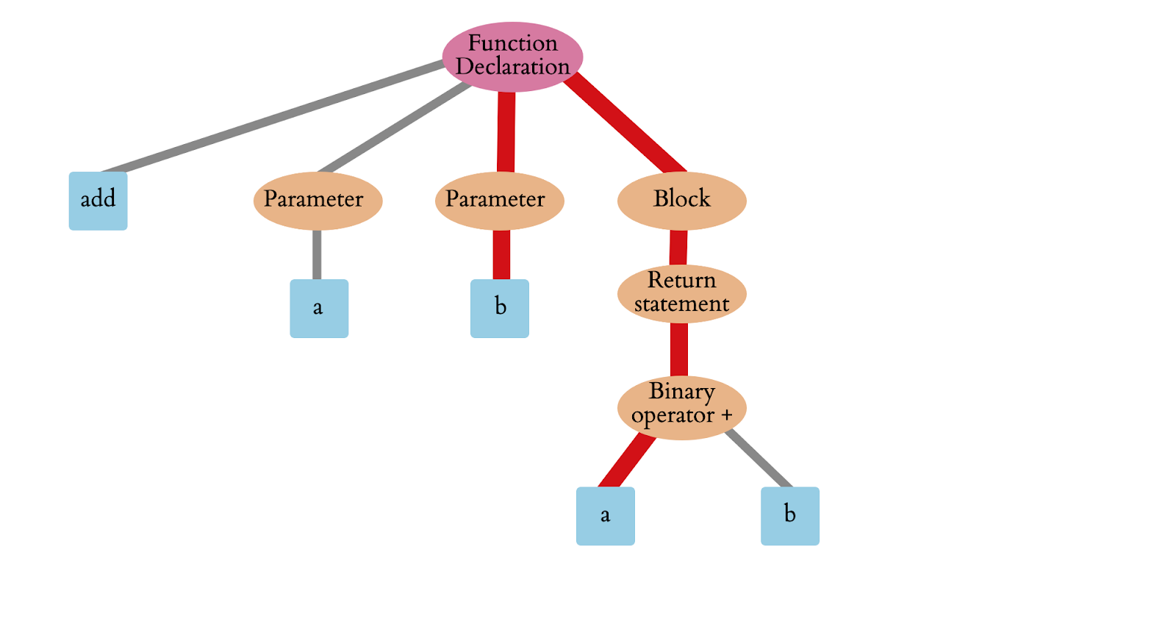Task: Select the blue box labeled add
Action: click(x=98, y=201)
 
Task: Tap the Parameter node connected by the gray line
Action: click(x=318, y=200)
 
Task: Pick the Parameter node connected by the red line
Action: click(x=499, y=200)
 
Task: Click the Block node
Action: click(x=681, y=200)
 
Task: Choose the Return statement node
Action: click(x=681, y=293)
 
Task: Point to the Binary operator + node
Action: click(x=681, y=407)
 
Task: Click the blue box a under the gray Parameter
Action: click(x=319, y=308)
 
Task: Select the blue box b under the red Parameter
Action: click(x=500, y=308)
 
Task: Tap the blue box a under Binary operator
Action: click(x=605, y=516)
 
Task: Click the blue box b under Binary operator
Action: click(x=789, y=516)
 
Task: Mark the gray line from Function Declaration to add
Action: click(x=272, y=118)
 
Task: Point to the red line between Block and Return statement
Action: click(x=678, y=248)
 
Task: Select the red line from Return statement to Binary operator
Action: click(x=679, y=350)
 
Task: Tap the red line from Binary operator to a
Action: click(x=627, y=460)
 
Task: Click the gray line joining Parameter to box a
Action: click(x=317, y=254)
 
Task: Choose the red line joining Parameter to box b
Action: click(x=501, y=254)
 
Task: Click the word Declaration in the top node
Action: click(x=512, y=67)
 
